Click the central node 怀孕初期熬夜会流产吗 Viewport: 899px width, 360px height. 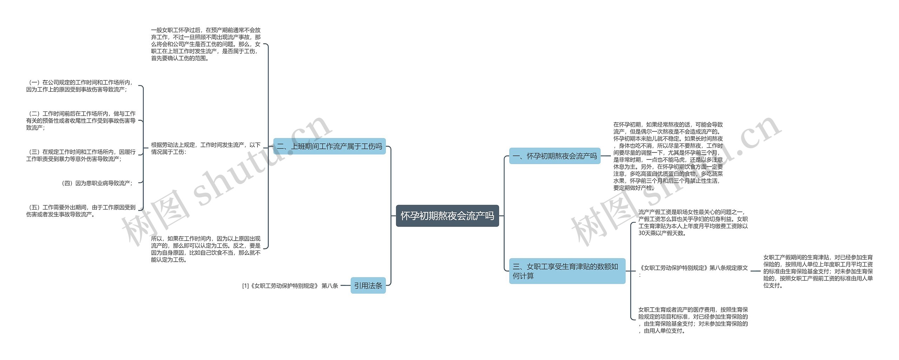click(447, 216)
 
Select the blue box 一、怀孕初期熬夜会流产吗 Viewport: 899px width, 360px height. click(555, 156)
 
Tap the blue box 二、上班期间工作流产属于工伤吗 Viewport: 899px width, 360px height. click(329, 146)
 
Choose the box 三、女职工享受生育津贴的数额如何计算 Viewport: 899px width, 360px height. click(567, 271)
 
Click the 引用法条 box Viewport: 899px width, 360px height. click(368, 286)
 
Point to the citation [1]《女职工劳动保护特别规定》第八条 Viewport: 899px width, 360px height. click(290, 286)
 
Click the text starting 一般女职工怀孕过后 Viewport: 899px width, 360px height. click(206, 44)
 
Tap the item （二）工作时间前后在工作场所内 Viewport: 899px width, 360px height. click(81, 120)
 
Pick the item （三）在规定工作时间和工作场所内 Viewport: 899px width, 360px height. click(81, 155)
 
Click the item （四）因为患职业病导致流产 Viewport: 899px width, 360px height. click(97, 183)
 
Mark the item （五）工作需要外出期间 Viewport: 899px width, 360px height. click(81, 211)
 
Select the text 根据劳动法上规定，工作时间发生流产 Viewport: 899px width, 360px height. click(206, 148)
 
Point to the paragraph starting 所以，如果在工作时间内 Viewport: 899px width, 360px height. click(206, 249)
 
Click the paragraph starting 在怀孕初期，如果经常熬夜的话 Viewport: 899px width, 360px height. click(668, 156)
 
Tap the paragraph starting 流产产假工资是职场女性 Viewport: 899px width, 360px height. click(693, 222)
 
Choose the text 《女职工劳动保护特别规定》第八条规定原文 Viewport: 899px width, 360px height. click(694, 268)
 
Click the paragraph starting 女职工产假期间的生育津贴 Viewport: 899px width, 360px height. click(818, 271)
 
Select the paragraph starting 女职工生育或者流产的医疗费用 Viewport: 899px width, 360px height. click(693, 320)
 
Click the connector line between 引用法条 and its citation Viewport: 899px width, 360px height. click(345, 286)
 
